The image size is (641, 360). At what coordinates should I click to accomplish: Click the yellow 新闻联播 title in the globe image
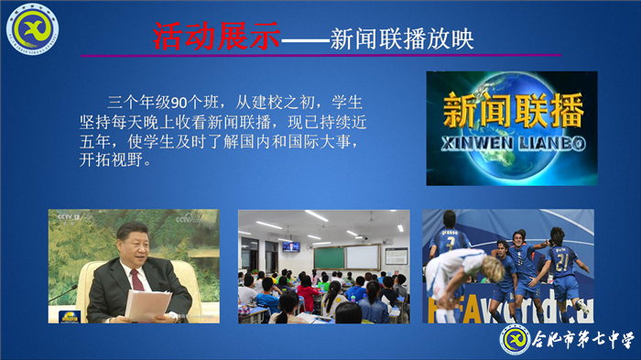[512, 113]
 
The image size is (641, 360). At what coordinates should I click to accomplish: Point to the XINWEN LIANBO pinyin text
[512, 143]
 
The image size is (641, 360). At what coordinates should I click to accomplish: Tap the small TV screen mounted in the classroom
[290, 245]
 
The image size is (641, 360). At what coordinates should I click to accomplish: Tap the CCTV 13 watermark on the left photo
[70, 217]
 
